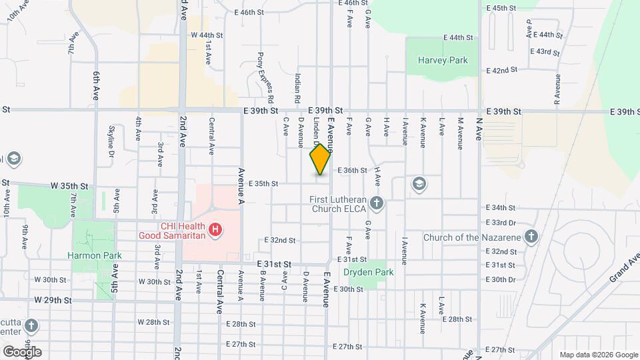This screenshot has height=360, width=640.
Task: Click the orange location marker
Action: click(x=321, y=159)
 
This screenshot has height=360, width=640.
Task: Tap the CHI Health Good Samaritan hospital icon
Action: click(x=215, y=231)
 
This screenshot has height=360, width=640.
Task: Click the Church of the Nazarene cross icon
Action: click(x=531, y=237)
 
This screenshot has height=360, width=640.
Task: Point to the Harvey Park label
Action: click(x=443, y=60)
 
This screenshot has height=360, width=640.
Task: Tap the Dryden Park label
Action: click(x=368, y=272)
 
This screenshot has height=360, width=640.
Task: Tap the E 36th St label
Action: click(x=352, y=171)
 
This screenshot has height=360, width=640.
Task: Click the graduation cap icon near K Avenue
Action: click(x=419, y=183)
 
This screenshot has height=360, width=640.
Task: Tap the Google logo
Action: click(x=22, y=351)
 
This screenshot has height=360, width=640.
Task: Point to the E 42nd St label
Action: click(x=503, y=70)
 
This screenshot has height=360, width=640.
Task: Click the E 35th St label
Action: click(x=263, y=183)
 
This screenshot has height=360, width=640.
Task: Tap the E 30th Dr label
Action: click(x=501, y=279)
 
